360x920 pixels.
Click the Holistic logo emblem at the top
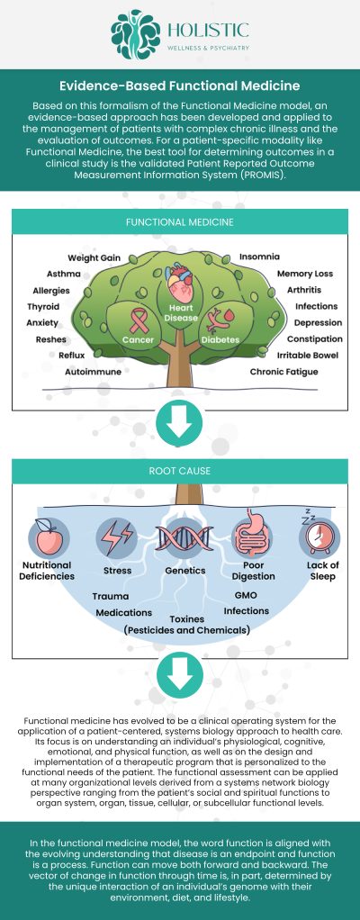136,35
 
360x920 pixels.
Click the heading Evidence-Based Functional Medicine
180,86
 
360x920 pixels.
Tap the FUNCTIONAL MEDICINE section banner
180,221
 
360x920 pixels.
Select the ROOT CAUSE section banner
180,470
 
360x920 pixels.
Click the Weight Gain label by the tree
94,257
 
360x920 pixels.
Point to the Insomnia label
258,257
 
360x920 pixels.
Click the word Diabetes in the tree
220,340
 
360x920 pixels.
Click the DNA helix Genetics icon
179,537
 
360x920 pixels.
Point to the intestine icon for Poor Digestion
251,537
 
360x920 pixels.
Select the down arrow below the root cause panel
180,677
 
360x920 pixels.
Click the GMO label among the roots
246,595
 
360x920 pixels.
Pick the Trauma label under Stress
110,596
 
